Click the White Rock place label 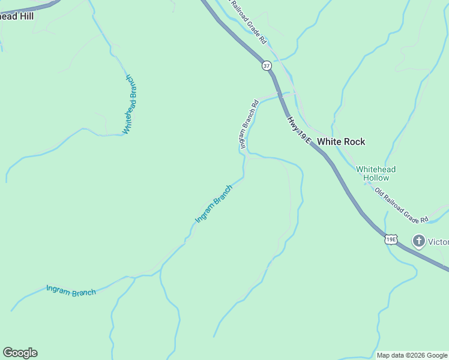(340, 142)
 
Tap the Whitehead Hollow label (376, 174)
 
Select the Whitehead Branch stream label (130, 104)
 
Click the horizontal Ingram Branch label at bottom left (71, 291)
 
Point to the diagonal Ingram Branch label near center (214, 204)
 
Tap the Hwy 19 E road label (298, 130)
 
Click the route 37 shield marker (267, 65)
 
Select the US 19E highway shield (390, 239)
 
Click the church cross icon (418, 241)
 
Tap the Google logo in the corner (20, 353)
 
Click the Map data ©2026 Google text (412, 355)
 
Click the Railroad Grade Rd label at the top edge (249, 22)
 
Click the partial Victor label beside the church (438, 242)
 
